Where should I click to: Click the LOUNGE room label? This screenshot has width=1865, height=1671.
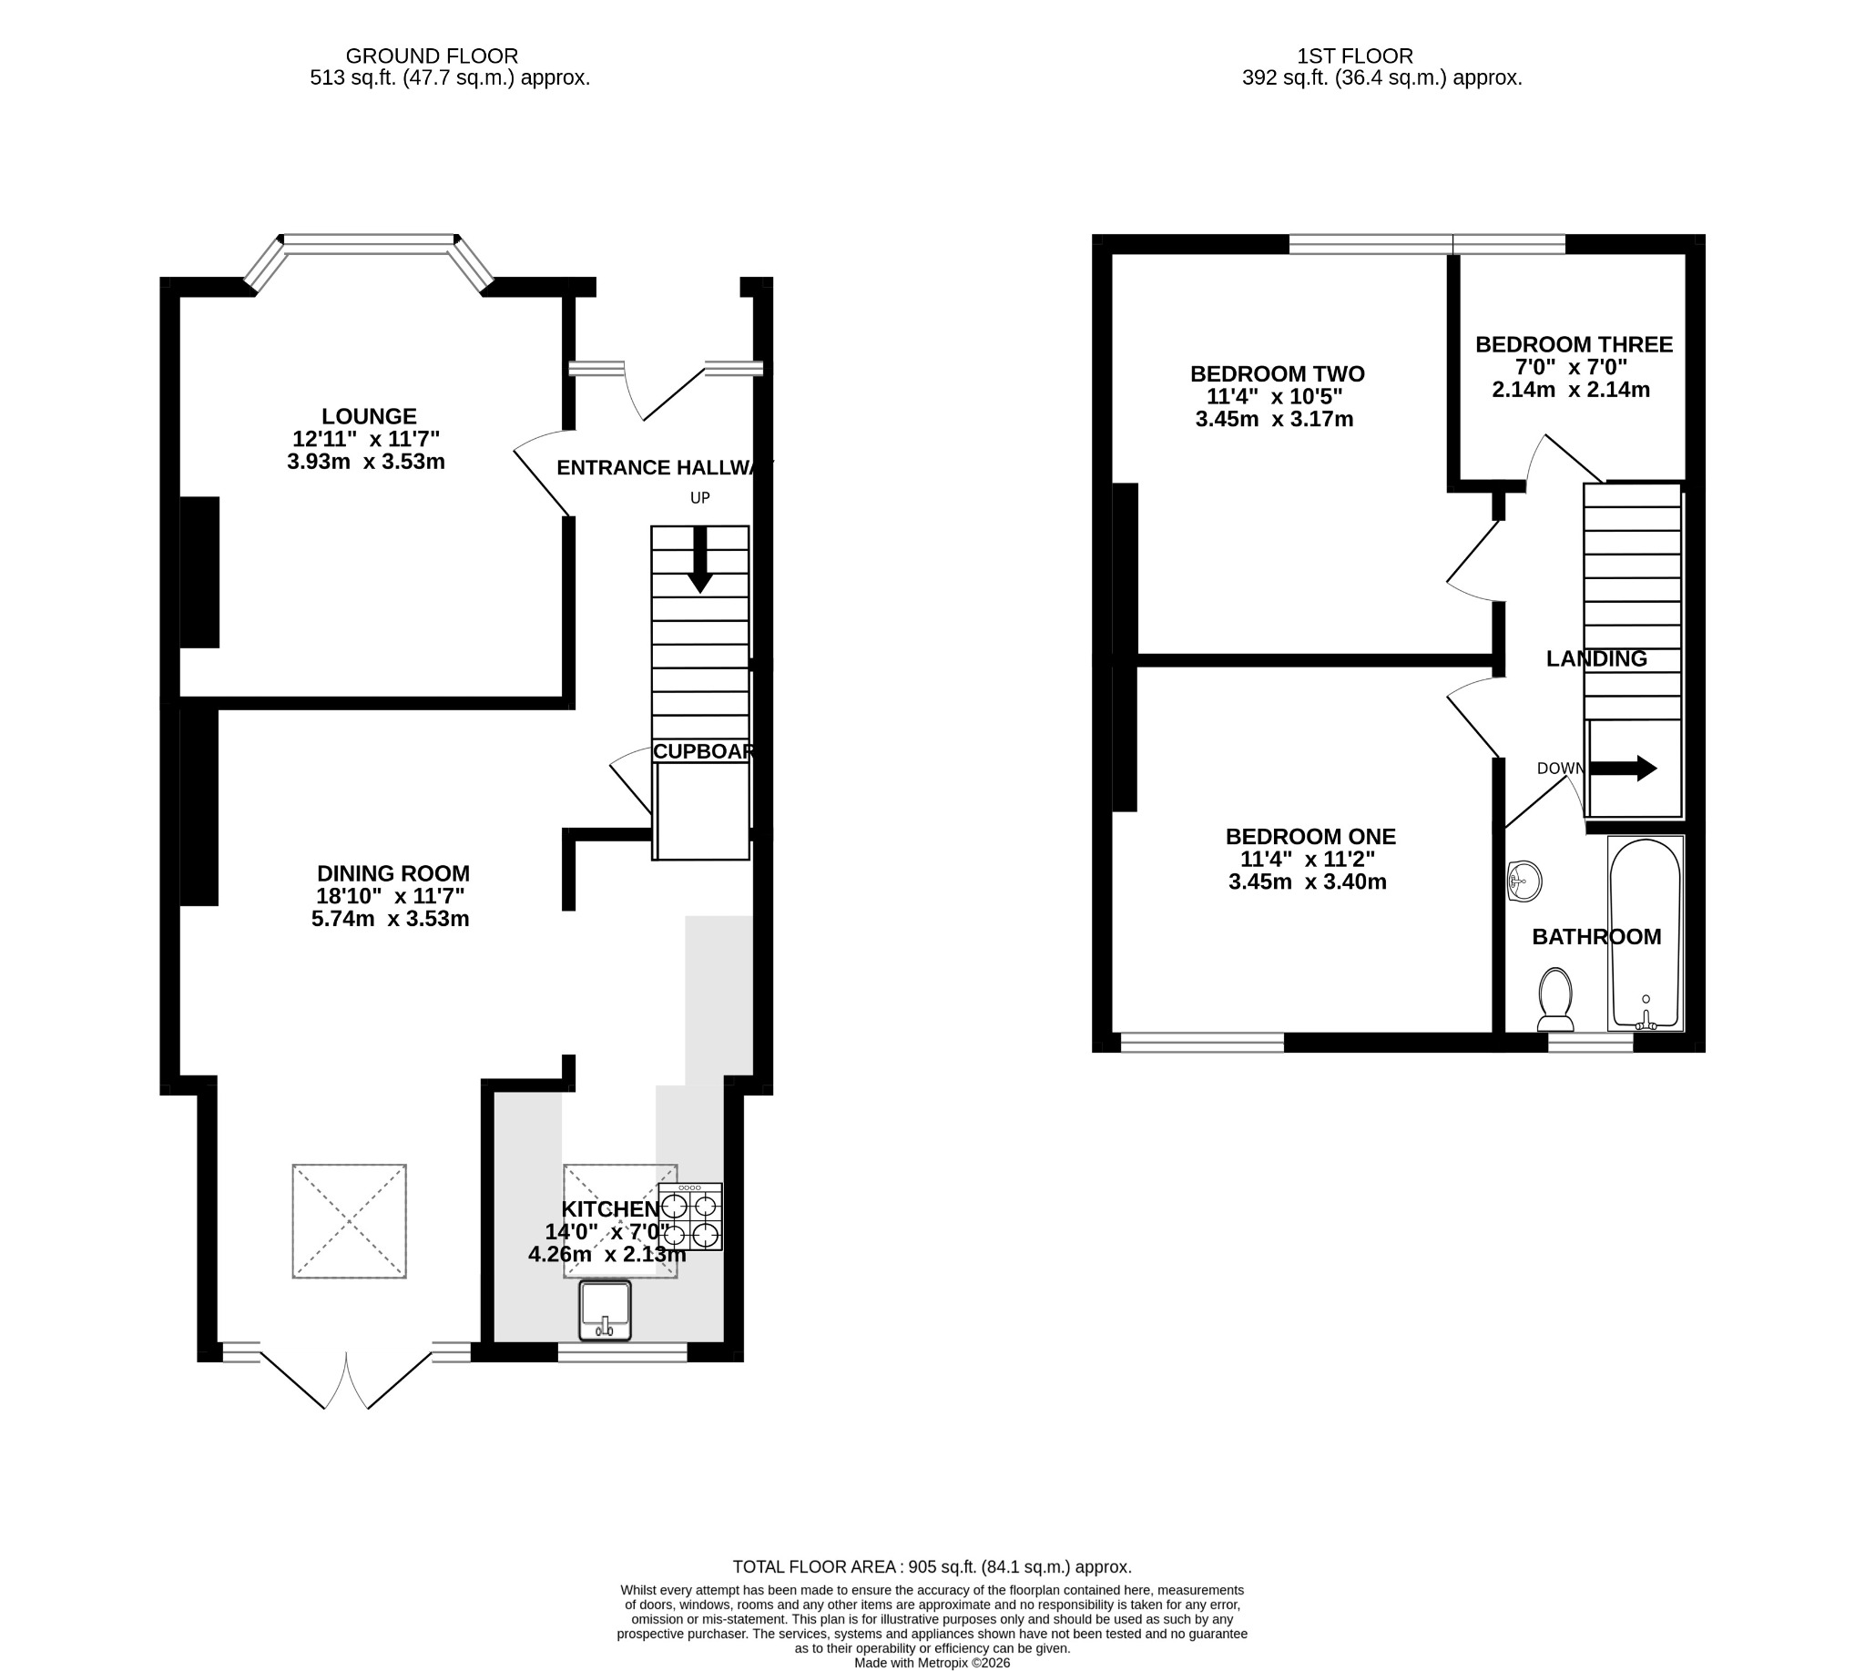pos(368,416)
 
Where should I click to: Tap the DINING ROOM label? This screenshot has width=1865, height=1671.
pos(393,873)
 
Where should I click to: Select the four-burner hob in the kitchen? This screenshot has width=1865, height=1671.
pos(689,1217)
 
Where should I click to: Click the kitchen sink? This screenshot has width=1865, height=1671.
pos(606,1310)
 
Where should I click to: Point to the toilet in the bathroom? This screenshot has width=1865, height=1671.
pos(1555,999)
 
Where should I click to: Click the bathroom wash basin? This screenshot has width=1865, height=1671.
pos(1524,882)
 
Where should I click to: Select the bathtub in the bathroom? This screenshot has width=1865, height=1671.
pos(1646,932)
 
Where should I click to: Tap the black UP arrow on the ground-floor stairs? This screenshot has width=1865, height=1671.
pos(700,559)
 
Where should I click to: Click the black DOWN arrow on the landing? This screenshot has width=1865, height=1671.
pos(1624,769)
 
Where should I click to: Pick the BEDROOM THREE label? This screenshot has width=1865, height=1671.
pos(1574,344)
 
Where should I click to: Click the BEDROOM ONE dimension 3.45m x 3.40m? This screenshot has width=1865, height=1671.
pos(1308,882)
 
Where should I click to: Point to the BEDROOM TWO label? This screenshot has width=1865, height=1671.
pos(1278,373)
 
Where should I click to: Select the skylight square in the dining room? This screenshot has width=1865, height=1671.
pos(349,1221)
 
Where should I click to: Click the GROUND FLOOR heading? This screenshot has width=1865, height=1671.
pos(432,56)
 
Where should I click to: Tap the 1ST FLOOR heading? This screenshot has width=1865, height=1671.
pos(1354,56)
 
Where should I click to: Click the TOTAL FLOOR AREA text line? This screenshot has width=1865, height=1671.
pos(932,1567)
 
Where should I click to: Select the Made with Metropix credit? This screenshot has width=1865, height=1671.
pos(932,1663)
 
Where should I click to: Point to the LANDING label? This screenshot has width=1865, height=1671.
pos(1597,658)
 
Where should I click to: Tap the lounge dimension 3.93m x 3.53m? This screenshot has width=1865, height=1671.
pos(365,461)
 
